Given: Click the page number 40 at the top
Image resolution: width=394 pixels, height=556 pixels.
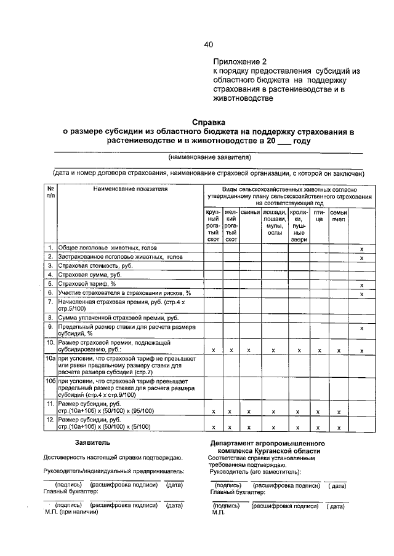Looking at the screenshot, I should pos(208,44).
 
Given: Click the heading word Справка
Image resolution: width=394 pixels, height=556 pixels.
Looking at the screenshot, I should pos(209,122).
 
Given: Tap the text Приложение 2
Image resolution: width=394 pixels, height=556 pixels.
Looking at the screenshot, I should pos(241,62).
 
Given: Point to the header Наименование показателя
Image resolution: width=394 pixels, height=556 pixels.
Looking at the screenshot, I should pos(131,189).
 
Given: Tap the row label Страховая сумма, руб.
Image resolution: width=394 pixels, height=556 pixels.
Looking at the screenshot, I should pos(87,275).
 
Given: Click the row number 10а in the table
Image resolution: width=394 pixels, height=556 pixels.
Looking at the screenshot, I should pos(50,357).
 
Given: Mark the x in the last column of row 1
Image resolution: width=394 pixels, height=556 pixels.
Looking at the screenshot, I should pos(361,249).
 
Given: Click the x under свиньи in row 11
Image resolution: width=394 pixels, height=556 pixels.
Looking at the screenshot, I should pos(249,411).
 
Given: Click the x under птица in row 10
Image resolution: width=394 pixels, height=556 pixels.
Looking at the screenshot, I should pos(318,350).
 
